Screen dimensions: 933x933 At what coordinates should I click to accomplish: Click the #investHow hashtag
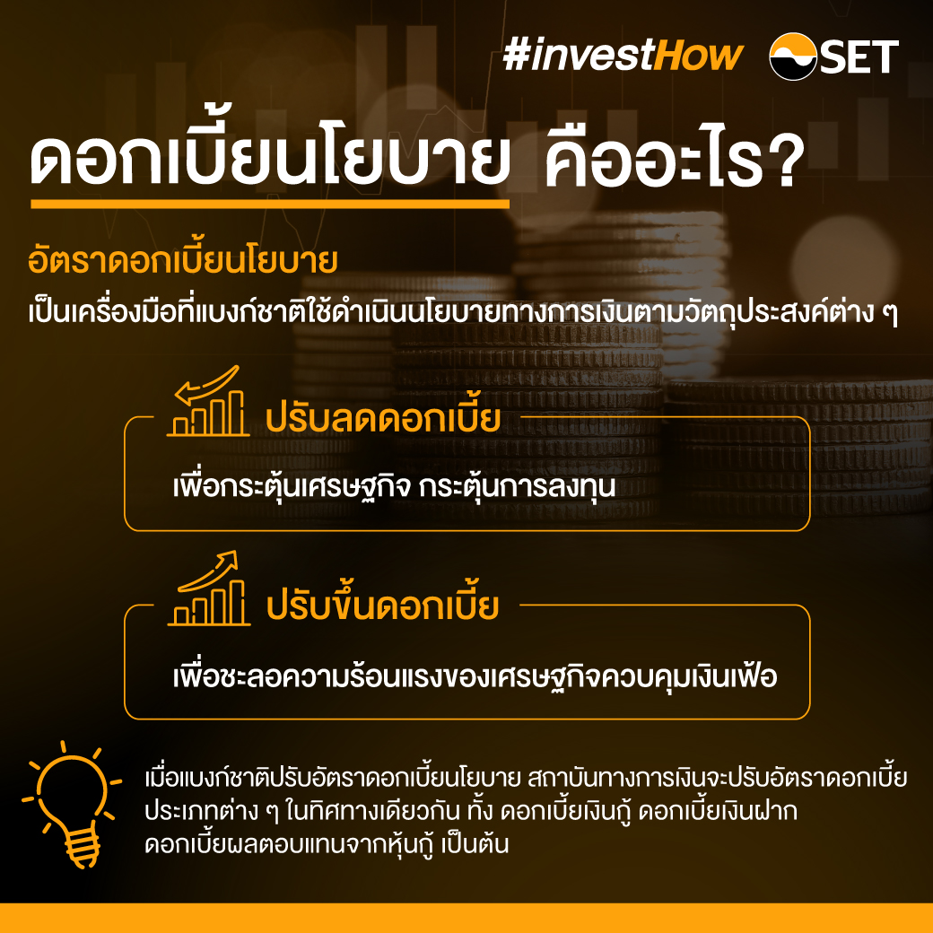click(623, 56)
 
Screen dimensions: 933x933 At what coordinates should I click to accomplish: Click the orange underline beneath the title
click(269, 205)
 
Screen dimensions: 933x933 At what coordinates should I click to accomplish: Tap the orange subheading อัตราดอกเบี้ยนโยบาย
click(182, 263)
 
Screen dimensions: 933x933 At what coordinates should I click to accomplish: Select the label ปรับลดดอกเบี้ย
click(382, 418)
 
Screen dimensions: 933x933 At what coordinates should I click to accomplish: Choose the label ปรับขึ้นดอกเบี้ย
click(382, 606)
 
